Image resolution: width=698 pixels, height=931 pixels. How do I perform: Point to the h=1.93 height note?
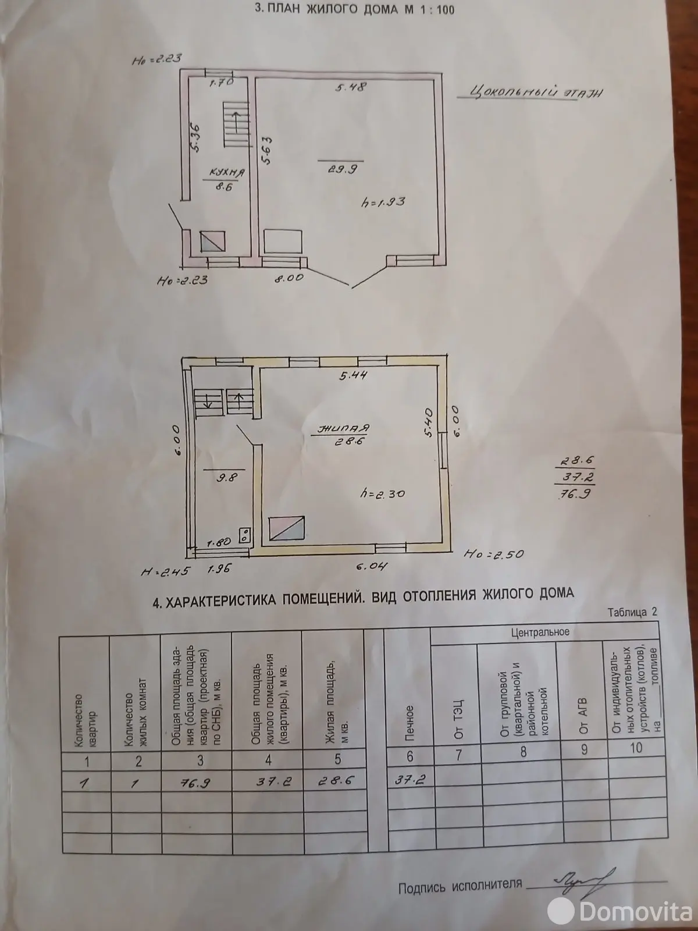pyautogui.click(x=383, y=202)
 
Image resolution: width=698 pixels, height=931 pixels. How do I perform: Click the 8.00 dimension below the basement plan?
pyautogui.click(x=290, y=278)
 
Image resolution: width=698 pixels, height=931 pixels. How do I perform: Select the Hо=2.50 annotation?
pyautogui.click(x=494, y=554)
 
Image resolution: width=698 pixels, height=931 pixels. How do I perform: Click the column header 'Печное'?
pyautogui.click(x=408, y=720)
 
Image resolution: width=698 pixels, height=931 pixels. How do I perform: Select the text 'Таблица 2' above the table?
pyautogui.click(x=632, y=612)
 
